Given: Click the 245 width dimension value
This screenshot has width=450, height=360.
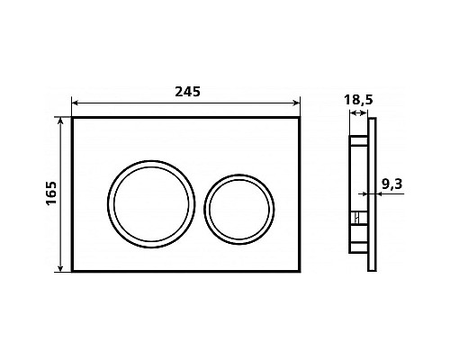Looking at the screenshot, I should pyautogui.click(x=186, y=92).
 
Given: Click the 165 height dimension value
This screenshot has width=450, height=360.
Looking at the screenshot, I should pyautogui.click(x=50, y=193).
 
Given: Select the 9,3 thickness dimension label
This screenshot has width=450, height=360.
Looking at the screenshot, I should pyautogui.click(x=391, y=184).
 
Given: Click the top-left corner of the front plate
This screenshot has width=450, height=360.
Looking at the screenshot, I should pyautogui.click(x=71, y=117).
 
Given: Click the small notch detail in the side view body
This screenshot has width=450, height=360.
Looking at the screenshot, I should pyautogui.click(x=356, y=219).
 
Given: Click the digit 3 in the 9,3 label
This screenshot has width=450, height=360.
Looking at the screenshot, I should pyautogui.click(x=399, y=184).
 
